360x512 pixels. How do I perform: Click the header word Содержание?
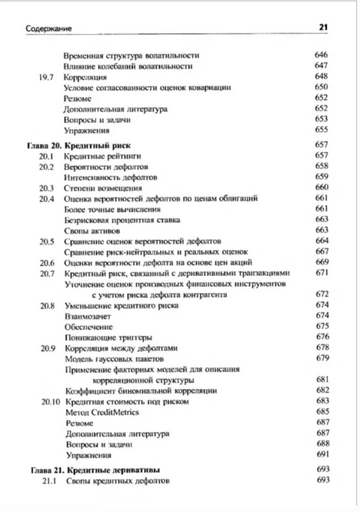pyautogui.click(x=49, y=29)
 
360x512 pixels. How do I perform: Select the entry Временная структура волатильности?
pyautogui.click(x=131, y=55)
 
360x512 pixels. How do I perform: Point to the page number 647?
pyautogui.click(x=321, y=66)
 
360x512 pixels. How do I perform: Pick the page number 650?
pyautogui.click(x=321, y=87)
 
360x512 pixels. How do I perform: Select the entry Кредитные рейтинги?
pyautogui.click(x=102, y=156)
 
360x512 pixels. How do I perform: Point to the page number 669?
pyautogui.click(x=321, y=262)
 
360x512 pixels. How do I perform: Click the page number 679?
pyautogui.click(x=321, y=358)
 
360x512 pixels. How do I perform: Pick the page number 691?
pyautogui.click(x=321, y=454)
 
